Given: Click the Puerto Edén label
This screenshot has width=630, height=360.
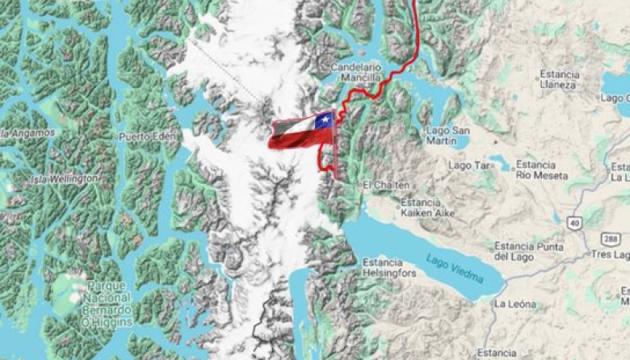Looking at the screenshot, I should point(147,136).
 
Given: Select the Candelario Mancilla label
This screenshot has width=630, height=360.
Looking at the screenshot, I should point(355,73).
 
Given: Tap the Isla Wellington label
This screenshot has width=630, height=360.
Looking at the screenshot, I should point(65,178).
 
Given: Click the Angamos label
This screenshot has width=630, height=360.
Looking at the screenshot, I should point(29,132).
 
